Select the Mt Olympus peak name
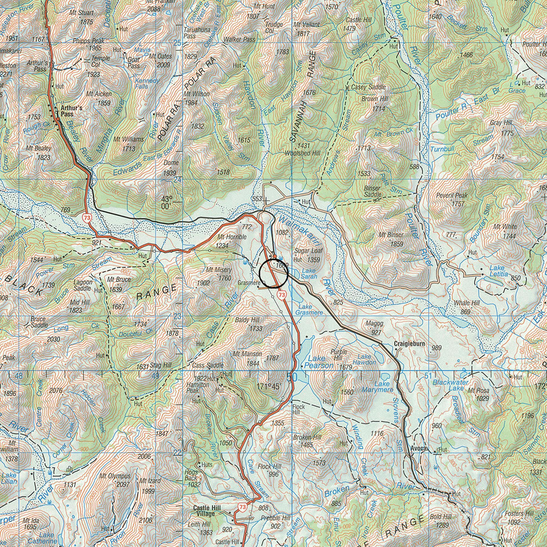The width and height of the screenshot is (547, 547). coord(115,476)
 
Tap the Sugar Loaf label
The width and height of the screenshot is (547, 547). coord(307,251)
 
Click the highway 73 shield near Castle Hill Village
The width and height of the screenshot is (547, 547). coord(243,507)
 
